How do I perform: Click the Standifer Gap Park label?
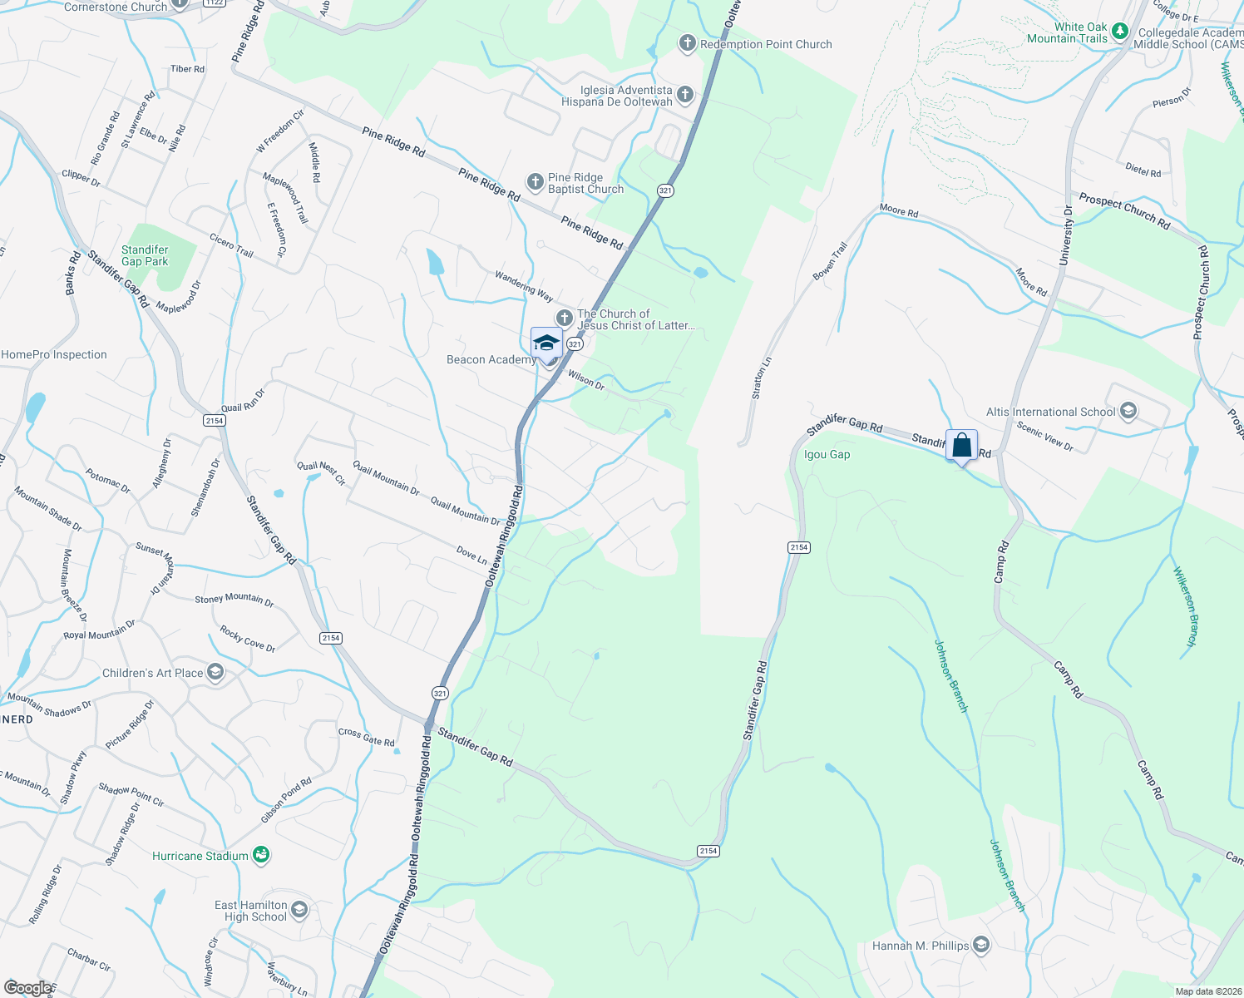click(145, 255)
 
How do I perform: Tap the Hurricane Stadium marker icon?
click(261, 855)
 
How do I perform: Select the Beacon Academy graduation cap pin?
click(546, 343)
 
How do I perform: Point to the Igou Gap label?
click(827, 455)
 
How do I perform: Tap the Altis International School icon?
click(1128, 412)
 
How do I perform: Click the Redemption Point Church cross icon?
click(687, 44)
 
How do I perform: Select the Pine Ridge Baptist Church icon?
click(536, 182)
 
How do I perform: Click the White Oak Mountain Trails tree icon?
click(1120, 32)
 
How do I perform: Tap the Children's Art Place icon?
click(215, 673)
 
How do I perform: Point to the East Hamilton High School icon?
click(299, 910)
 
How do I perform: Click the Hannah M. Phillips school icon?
click(981, 945)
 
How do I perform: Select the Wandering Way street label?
click(524, 285)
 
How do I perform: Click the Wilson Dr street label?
click(586, 381)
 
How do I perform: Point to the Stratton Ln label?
click(761, 378)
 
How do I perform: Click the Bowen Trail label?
click(829, 260)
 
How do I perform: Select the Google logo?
click(28, 988)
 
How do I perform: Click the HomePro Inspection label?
click(54, 354)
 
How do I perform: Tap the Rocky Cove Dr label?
click(248, 639)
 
